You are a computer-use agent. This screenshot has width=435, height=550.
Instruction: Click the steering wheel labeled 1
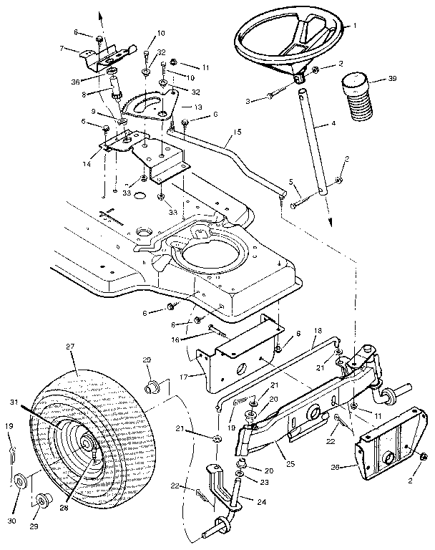tap(286, 39)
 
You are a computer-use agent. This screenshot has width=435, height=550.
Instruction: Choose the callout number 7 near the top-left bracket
tap(63, 49)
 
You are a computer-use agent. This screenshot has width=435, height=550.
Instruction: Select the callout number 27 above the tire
tap(70, 347)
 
